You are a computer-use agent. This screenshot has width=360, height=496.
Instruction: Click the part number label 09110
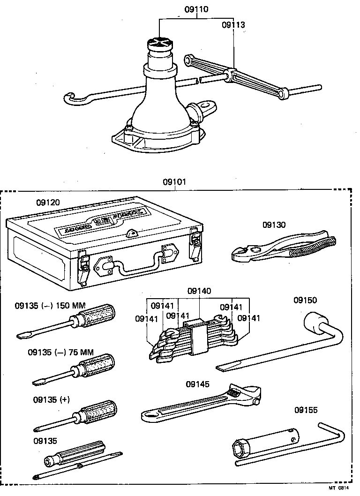click(x=196, y=9)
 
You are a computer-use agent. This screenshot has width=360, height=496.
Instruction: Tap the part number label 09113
click(x=233, y=25)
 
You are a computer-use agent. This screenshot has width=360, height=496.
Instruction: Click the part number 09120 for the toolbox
click(x=48, y=203)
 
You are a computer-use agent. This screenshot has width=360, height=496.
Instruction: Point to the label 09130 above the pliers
click(x=274, y=225)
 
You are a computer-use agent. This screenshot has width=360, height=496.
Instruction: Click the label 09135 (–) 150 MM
click(x=50, y=306)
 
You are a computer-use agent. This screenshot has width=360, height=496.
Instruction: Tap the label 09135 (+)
click(x=51, y=399)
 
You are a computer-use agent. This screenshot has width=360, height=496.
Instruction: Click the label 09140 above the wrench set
click(x=199, y=291)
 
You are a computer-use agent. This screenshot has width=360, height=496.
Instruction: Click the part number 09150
click(x=305, y=300)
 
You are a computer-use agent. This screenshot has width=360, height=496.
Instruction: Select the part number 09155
click(x=306, y=410)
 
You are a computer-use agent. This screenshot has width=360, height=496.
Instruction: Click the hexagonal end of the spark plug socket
click(x=240, y=450)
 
